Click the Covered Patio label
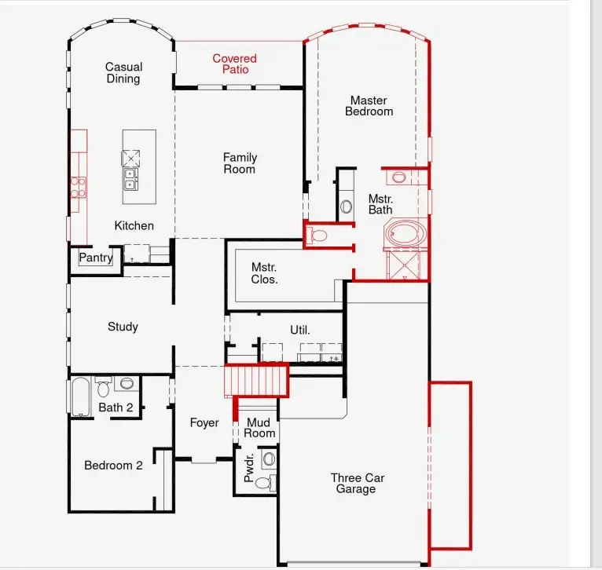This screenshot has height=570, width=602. [x=235, y=64]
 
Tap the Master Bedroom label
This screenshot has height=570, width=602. [x=369, y=106]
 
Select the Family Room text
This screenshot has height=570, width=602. [x=240, y=163]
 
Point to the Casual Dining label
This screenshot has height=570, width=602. [x=123, y=73]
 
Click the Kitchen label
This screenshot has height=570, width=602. [x=134, y=226]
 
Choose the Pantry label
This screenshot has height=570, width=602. [x=96, y=258]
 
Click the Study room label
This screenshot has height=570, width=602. [x=123, y=327]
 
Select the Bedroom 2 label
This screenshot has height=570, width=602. [x=113, y=466]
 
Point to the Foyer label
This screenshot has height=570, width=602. [x=204, y=423]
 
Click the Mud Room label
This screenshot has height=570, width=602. [x=259, y=428]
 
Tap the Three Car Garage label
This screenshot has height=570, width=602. [x=357, y=484]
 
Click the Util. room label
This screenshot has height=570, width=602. [x=300, y=330]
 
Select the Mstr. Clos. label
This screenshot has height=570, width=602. [x=264, y=272]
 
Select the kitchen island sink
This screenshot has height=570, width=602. [x=130, y=185]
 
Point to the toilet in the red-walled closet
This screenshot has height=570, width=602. [x=319, y=234]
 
